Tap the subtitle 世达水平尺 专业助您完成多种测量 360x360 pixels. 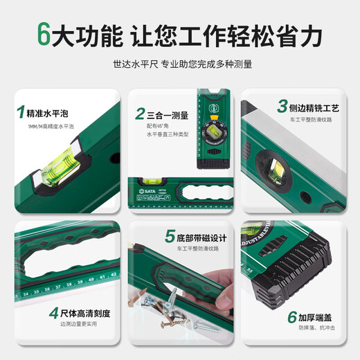182,64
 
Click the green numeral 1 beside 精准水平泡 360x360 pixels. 21,111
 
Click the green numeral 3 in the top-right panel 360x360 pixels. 282,107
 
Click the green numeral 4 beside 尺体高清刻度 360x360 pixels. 53,313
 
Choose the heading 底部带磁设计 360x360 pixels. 197,237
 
